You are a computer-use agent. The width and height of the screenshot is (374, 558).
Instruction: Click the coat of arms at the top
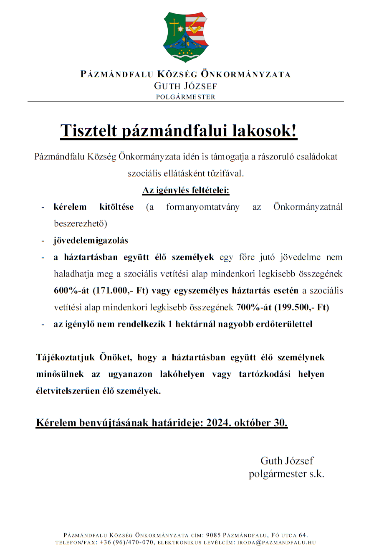coord(186,37)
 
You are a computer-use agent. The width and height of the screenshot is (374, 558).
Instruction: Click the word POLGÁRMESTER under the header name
coord(186,97)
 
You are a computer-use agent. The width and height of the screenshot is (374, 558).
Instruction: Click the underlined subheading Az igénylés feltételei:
coord(186,190)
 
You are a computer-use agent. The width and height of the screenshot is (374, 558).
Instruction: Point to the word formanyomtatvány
coord(203,207)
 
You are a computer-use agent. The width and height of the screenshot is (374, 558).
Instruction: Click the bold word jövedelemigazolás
coord(91,241)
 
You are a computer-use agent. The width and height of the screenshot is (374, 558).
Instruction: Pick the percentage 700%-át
coord(253,307)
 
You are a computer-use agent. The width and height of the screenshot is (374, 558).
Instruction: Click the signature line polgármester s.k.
coord(286,474)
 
